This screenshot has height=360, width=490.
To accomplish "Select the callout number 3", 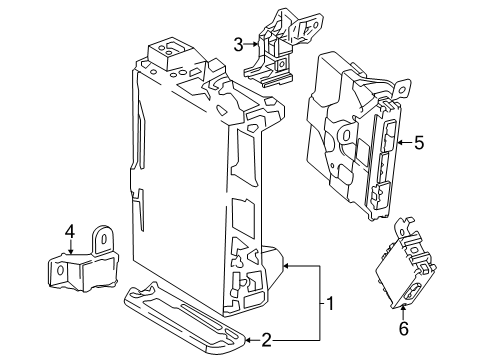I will pyautogui.click(x=238, y=43).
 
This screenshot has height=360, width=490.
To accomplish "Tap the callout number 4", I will pyautogui.click(x=70, y=235).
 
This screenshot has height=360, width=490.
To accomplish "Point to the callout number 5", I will pyautogui.click(x=419, y=143).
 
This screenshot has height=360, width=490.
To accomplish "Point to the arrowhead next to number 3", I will pyautogui.click(x=256, y=43).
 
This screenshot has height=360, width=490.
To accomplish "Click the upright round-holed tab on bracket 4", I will pyautogui.click(x=102, y=241).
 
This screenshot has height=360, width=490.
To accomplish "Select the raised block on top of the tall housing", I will pyautogui.click(x=166, y=53).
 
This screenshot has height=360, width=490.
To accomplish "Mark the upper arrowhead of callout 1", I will pyautogui.click(x=285, y=266).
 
